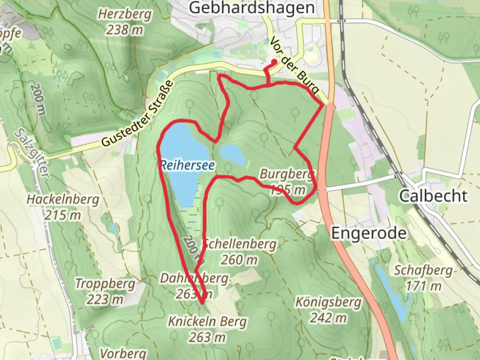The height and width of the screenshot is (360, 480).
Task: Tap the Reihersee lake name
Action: pyautogui.click(x=187, y=165)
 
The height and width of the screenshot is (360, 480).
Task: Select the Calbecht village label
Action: pyautogui.click(x=433, y=196)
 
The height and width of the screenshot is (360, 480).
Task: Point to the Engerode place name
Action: pyautogui.click(x=369, y=233)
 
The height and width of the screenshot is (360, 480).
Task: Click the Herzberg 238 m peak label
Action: pyautogui.click(x=124, y=22)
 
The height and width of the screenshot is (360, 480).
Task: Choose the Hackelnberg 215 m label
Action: pyautogui.click(x=63, y=207)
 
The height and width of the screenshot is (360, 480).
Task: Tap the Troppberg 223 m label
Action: pyautogui.click(x=105, y=291)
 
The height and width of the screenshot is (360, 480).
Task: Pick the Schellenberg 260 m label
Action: pyautogui.click(x=239, y=252)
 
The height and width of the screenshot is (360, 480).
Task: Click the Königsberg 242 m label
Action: pyautogui.click(x=328, y=310)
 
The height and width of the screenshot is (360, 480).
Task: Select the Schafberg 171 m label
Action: pyautogui.click(x=423, y=278)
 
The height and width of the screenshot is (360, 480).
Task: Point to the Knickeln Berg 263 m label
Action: pyautogui.click(x=207, y=329)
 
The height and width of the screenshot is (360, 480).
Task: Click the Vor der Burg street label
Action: pyautogui.click(x=294, y=66)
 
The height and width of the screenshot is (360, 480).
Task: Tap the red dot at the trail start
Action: pyautogui.click(x=274, y=62)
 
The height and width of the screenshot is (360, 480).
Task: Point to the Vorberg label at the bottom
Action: pyautogui.click(x=123, y=353)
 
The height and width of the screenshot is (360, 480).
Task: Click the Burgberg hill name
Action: pyautogui.click(x=287, y=174)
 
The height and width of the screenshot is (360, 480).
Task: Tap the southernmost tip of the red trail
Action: pyautogui.click(x=202, y=303)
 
